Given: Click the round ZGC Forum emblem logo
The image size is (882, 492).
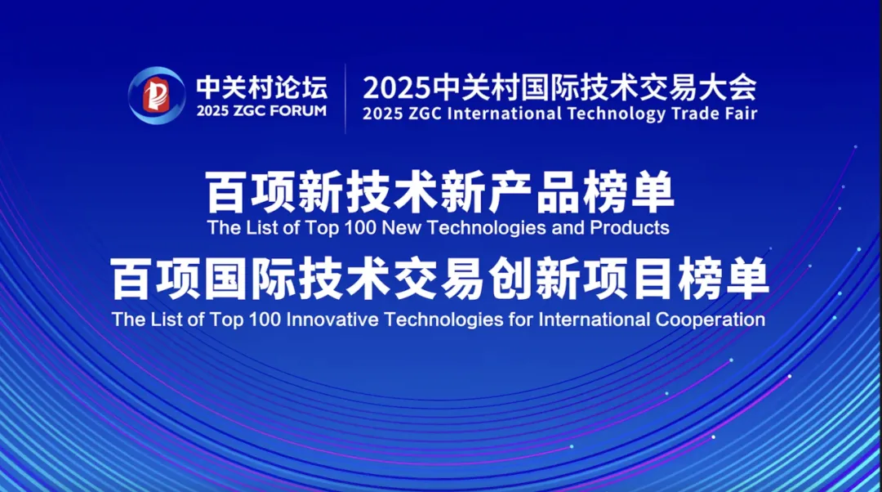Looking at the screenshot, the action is [x=156, y=95].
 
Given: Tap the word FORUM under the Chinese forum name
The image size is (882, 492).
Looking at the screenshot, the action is [x=298, y=111].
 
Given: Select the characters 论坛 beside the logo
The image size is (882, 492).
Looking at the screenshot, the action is [x=305, y=87].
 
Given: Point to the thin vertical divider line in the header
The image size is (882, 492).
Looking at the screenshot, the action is [x=345, y=99].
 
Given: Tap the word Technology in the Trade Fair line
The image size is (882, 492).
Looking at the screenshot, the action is [x=616, y=114].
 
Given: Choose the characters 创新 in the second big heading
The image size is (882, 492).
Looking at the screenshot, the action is [x=535, y=280].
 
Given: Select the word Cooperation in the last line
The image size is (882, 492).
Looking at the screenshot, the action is [x=710, y=320].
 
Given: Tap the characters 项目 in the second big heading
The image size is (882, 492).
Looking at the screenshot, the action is [x=630, y=280].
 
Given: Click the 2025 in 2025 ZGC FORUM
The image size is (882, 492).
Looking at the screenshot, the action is [x=212, y=111].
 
